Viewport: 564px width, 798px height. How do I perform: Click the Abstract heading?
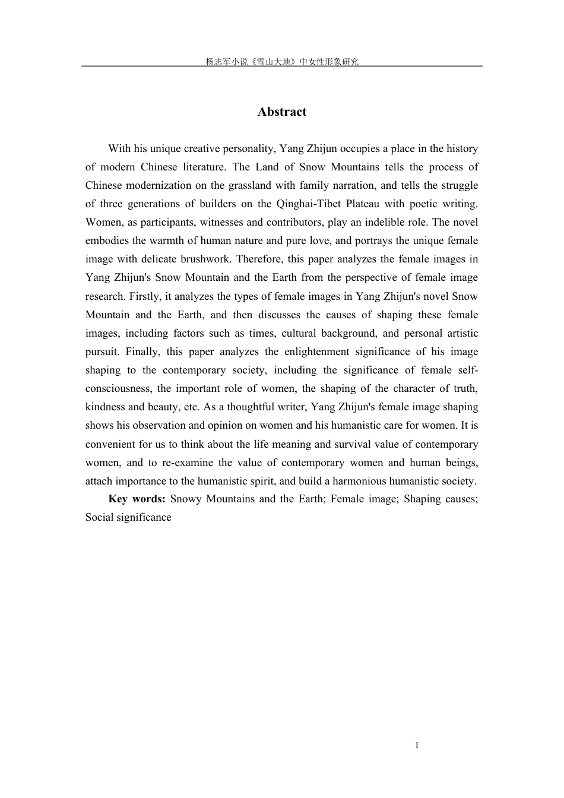point(282,112)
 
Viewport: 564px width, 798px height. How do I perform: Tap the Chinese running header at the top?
point(282,62)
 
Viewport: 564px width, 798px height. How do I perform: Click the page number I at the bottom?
point(417,745)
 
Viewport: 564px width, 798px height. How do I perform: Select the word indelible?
point(373,222)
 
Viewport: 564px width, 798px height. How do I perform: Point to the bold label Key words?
point(137,499)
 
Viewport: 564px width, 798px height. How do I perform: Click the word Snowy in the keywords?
point(186,499)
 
